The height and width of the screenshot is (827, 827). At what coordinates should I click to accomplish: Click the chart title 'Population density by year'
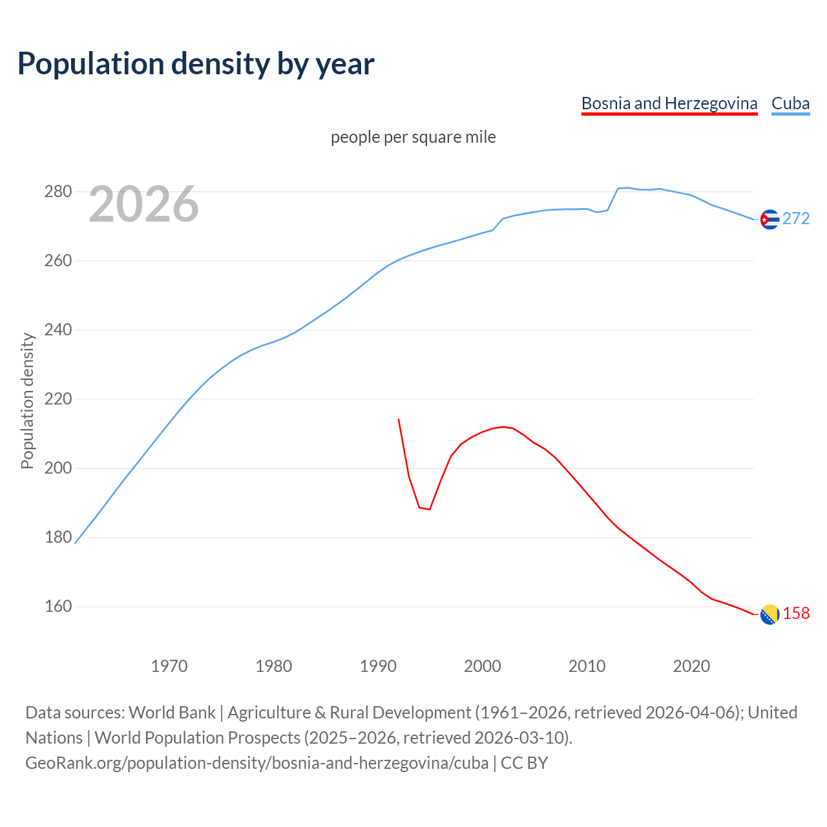pyautogui.click(x=196, y=64)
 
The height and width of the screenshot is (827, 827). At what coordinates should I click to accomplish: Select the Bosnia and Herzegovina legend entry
pyautogui.click(x=669, y=103)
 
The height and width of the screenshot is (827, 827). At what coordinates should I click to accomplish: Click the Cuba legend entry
pyautogui.click(x=790, y=103)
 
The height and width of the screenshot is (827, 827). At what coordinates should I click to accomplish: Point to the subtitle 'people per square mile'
pyautogui.click(x=413, y=137)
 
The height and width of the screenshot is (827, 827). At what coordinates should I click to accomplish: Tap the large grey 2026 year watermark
pyautogui.click(x=143, y=205)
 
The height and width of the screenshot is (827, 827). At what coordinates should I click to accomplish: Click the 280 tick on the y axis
pyautogui.click(x=58, y=192)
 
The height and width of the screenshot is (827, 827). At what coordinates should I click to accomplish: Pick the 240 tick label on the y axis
pyautogui.click(x=58, y=330)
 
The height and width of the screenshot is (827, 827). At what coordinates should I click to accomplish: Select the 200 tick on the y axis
pyautogui.click(x=58, y=468)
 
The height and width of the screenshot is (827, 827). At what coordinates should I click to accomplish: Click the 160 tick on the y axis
pyautogui.click(x=58, y=607)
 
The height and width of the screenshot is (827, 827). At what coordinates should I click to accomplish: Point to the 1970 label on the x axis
pyautogui.click(x=169, y=666)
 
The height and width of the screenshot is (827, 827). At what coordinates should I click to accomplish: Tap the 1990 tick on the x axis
pyautogui.click(x=378, y=666)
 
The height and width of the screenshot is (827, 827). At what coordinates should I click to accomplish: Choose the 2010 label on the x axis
pyautogui.click(x=587, y=666)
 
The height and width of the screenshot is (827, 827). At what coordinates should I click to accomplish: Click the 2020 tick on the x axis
pyautogui.click(x=691, y=666)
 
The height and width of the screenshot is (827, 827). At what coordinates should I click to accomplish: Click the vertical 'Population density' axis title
pyautogui.click(x=27, y=401)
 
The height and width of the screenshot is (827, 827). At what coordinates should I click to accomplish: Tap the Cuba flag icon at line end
pyautogui.click(x=769, y=220)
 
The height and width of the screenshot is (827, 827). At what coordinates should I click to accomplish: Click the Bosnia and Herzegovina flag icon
pyautogui.click(x=769, y=614)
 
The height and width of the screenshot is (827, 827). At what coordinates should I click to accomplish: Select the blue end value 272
pyautogui.click(x=796, y=219)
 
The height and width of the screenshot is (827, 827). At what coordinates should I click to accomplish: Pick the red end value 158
pyautogui.click(x=796, y=614)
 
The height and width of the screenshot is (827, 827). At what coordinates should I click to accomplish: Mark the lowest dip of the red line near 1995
pyautogui.click(x=430, y=509)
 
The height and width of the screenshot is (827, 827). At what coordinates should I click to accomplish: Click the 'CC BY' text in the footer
pyautogui.click(x=524, y=763)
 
